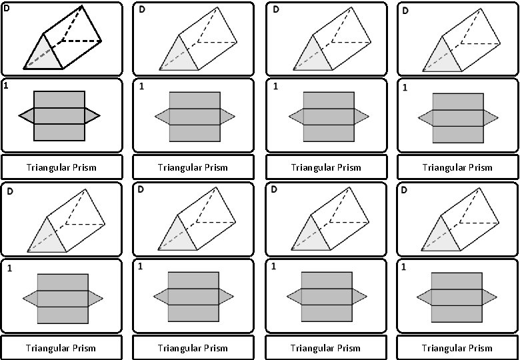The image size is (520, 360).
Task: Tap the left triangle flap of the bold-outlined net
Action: click(27, 117)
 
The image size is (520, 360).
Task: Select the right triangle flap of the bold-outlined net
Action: click(91, 117)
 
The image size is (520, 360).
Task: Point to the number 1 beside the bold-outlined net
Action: click(6, 85)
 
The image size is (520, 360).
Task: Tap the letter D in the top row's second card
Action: click(142, 9)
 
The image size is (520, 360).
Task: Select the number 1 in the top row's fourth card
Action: click(405, 87)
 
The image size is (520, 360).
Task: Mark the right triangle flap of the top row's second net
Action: click(227, 117)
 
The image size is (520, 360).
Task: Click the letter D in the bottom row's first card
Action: click(10, 192)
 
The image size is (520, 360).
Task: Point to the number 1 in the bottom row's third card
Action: click(274, 267)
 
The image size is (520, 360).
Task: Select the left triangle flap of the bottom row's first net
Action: click(31, 297)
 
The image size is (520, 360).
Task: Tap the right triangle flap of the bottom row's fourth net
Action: click(489, 296)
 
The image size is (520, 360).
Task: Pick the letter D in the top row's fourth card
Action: click(405, 11)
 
